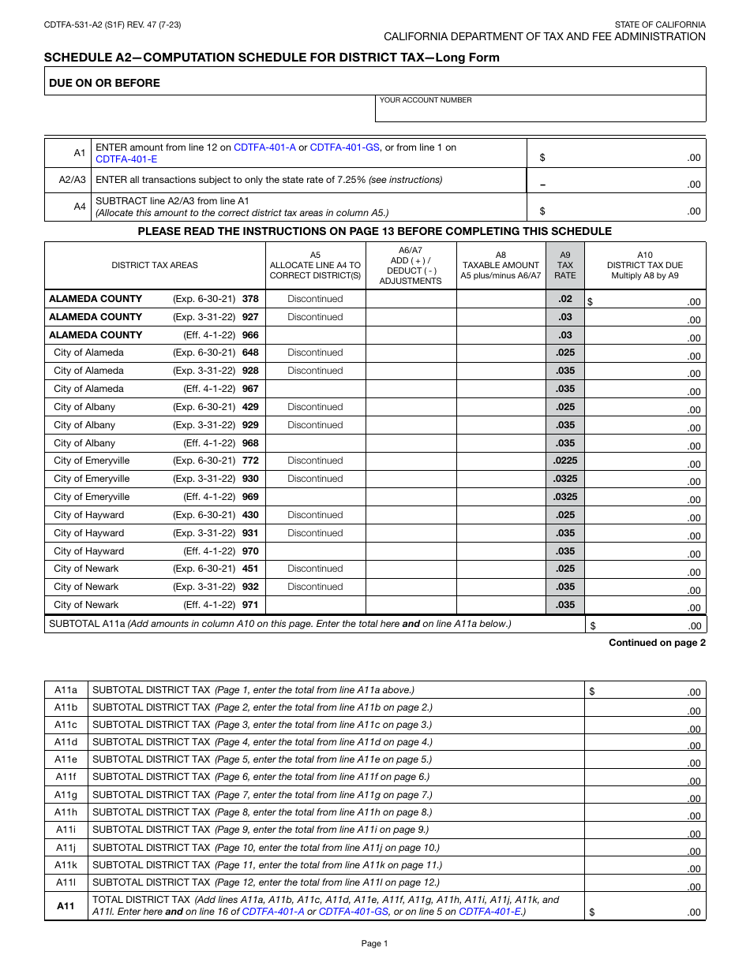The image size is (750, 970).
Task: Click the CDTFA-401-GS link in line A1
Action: (344, 147)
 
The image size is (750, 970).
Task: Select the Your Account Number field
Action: (540, 111)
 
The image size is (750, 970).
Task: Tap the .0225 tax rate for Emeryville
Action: (564, 461)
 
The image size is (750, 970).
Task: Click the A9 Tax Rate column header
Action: (564, 265)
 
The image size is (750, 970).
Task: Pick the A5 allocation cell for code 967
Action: (315, 389)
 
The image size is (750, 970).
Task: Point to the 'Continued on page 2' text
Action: (657, 643)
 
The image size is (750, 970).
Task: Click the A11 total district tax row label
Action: (66, 906)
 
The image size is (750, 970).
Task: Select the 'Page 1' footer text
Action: (374, 944)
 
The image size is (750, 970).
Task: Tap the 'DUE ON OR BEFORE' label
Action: (104, 83)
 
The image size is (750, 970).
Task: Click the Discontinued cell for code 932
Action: (315, 587)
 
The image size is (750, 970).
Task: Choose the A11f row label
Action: (66, 777)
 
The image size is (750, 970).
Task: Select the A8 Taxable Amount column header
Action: (501, 265)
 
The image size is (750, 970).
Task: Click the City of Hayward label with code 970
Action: (88, 551)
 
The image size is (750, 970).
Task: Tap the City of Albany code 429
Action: (250, 407)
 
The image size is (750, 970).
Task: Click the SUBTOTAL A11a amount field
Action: (645, 625)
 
